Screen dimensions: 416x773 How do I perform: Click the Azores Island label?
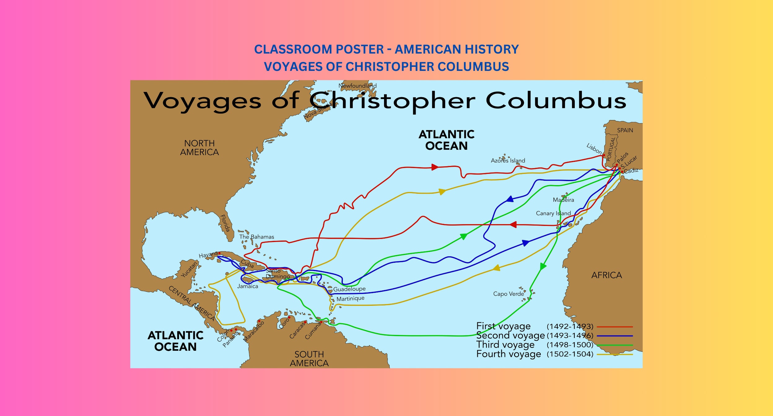click(x=508, y=160)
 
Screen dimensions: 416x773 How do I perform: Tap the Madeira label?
click(x=563, y=200)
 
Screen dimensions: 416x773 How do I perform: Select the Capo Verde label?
click(x=509, y=293)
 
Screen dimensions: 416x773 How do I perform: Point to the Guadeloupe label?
click(x=349, y=289)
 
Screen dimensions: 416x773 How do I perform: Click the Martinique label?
click(x=350, y=299)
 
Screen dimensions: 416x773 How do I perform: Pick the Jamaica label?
click(x=247, y=286)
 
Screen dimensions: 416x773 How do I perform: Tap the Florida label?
click(x=225, y=223)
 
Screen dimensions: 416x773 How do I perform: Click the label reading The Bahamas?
click(x=256, y=237)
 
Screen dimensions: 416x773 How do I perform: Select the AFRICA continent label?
click(x=606, y=275)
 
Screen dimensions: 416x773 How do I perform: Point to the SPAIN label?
click(x=625, y=130)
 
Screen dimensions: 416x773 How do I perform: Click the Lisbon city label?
click(x=594, y=149)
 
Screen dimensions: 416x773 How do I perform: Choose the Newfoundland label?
click(x=357, y=86)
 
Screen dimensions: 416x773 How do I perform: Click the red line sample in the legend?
click(x=614, y=327)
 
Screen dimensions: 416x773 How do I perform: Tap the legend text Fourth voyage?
click(x=509, y=354)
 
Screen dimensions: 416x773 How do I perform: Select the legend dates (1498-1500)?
click(x=570, y=345)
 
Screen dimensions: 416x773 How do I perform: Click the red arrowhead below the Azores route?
click(x=513, y=225)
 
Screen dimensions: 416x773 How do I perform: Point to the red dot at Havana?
click(x=219, y=253)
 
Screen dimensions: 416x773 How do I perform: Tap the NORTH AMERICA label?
click(x=199, y=148)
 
